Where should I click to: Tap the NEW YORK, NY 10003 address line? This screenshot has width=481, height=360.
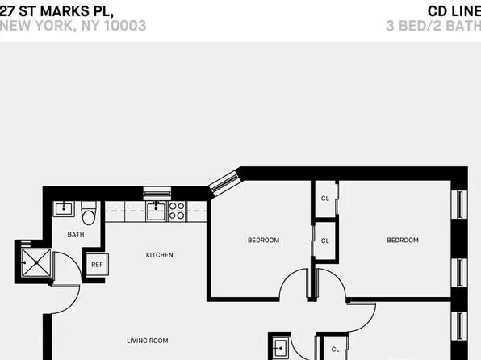[73, 26]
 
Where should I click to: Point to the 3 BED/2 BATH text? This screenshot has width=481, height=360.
[433, 26]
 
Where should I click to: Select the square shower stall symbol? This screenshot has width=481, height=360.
[36, 261]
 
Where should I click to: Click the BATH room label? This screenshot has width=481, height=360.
[75, 235]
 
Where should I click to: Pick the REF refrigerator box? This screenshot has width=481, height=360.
[96, 264]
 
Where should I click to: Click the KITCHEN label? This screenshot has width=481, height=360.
[159, 255]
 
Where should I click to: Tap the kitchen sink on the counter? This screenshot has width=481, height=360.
[156, 211]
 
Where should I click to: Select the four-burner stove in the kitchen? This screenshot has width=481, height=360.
[177, 211]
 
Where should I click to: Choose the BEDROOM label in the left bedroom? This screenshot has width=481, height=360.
[263, 240]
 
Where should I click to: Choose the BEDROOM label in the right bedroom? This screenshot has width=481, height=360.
[402, 240]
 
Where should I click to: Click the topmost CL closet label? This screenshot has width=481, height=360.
[325, 199]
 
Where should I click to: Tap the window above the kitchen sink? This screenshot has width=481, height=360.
[157, 193]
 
